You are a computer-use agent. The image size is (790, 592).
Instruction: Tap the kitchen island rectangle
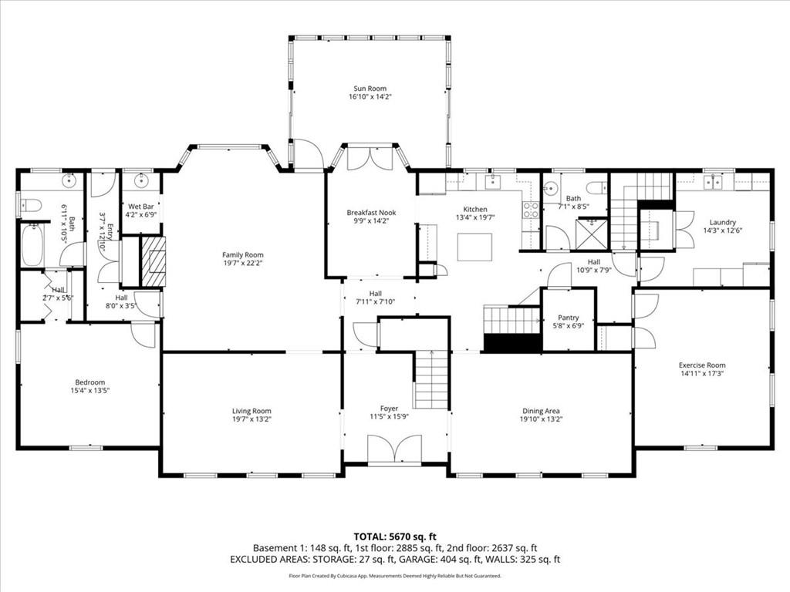coord(474,247)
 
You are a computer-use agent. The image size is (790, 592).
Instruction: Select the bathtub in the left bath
coord(32,244)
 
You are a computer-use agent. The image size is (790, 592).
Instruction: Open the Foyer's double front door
coord(394,450)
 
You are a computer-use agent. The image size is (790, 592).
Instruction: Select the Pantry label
coord(568,317)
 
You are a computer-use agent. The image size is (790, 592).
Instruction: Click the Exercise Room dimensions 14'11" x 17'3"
coord(701,374)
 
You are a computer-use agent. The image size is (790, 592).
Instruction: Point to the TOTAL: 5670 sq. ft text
coord(394,536)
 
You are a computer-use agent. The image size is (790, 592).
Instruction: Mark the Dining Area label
coord(541,411)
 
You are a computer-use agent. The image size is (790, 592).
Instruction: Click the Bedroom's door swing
coord(143,334)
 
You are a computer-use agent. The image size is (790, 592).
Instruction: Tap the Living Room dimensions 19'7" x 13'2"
coord(252,419)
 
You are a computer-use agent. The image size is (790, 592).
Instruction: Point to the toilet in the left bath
coord(30,205)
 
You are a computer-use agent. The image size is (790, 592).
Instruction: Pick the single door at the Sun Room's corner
coord(308,154)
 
